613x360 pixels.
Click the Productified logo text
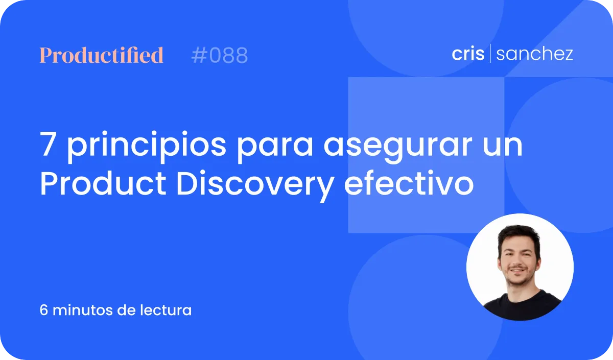[x=102, y=55]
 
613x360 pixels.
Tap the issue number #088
[x=220, y=55]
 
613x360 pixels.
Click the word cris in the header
[x=468, y=54]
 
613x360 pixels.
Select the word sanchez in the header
[x=534, y=54]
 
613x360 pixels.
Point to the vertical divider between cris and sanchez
[x=490, y=53]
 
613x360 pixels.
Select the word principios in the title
[x=147, y=147]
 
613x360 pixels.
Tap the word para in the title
[x=275, y=148]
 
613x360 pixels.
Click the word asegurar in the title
[x=398, y=148]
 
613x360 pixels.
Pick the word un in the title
[x=503, y=147]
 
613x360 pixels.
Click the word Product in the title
[x=103, y=183]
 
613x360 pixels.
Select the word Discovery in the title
[x=255, y=185]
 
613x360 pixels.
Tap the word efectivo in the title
[x=409, y=182]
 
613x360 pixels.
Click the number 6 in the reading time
[x=43, y=310]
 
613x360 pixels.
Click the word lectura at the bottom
[x=166, y=310]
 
